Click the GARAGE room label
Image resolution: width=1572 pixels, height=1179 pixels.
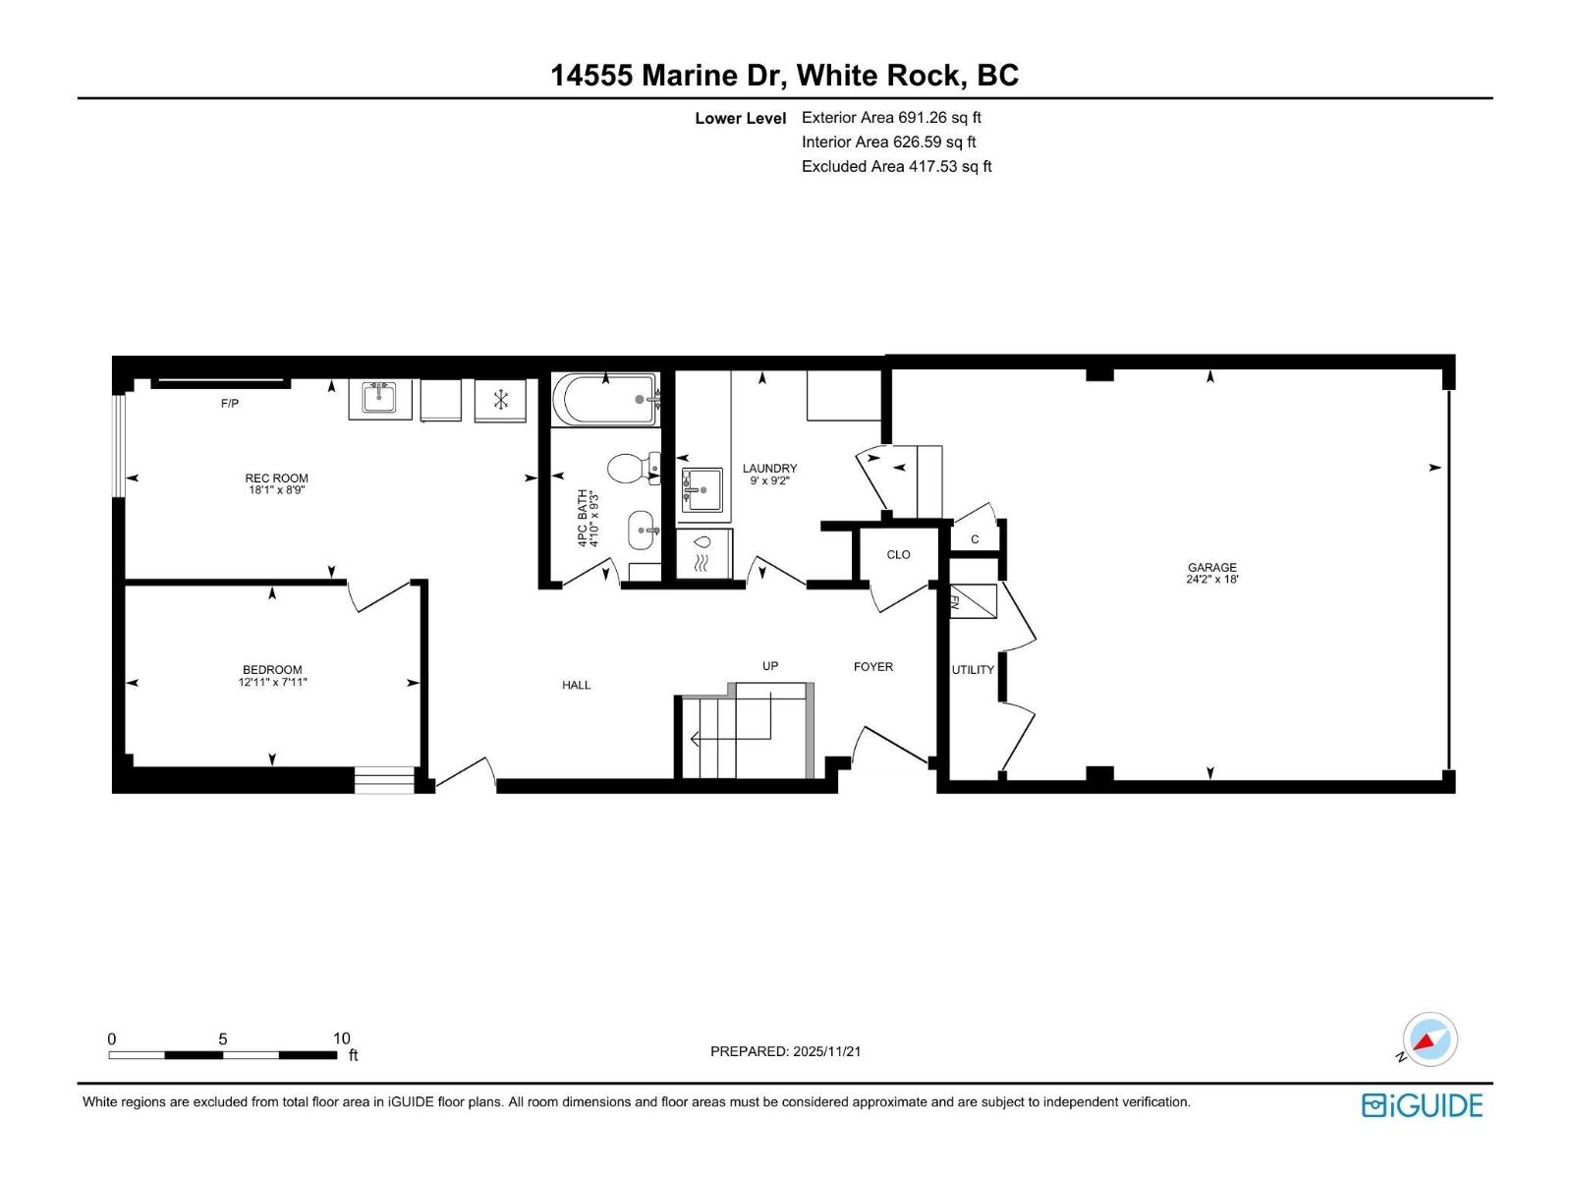click(1211, 568)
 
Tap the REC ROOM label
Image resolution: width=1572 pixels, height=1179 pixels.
click(276, 478)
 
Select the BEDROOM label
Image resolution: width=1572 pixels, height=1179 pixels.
click(272, 670)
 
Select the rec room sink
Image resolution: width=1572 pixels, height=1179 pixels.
click(379, 398)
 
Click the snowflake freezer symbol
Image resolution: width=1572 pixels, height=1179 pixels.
click(500, 400)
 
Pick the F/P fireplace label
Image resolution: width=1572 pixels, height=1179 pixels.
click(230, 404)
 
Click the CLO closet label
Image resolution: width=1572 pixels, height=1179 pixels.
click(898, 555)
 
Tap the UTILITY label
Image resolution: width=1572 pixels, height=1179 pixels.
click(973, 670)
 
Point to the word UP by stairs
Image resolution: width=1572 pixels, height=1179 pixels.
click(770, 666)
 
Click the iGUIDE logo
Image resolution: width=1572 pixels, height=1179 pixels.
click(1422, 1105)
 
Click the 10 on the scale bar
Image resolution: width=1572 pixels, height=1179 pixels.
click(341, 1039)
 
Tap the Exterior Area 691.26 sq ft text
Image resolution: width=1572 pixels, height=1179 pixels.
click(891, 118)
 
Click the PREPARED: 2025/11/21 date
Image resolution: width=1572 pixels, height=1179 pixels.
click(785, 1051)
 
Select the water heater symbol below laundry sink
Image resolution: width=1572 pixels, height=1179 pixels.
click(702, 555)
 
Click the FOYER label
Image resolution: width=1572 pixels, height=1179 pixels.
click(872, 667)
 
